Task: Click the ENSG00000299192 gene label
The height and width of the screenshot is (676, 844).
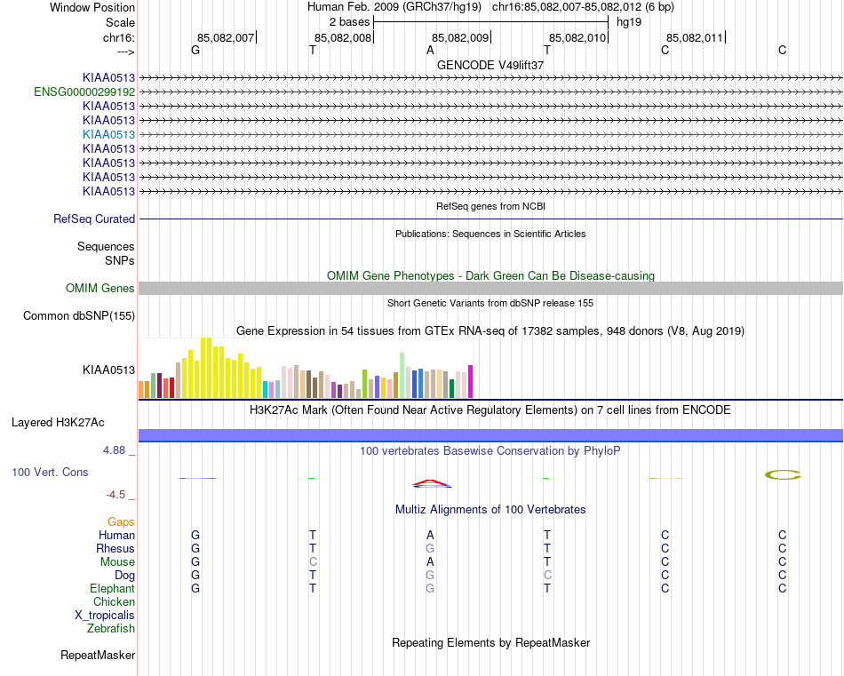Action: click(x=84, y=91)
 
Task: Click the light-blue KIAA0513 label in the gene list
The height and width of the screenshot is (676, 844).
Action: click(x=108, y=134)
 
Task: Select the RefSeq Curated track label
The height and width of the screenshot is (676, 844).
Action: click(x=94, y=219)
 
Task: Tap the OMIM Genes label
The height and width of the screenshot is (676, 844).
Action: click(x=100, y=289)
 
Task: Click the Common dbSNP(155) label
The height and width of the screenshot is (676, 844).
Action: click(x=79, y=316)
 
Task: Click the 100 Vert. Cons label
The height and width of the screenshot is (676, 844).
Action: click(x=50, y=473)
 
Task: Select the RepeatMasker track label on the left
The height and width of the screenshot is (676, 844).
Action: click(x=98, y=656)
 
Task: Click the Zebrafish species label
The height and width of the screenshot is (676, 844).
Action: click(x=111, y=629)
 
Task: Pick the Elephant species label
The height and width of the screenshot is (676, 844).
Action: click(x=112, y=589)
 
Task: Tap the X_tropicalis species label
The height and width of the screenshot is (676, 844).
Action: click(x=105, y=616)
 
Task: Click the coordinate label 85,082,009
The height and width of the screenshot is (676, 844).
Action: click(x=460, y=38)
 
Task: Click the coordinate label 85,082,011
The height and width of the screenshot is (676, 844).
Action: click(x=695, y=38)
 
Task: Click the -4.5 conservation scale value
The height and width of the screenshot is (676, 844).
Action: click(x=115, y=495)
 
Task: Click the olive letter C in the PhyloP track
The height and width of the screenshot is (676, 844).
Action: click(x=783, y=475)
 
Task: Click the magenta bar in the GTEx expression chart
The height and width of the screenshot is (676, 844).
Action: click(x=470, y=381)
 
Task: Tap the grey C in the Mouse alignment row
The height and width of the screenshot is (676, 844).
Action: click(x=313, y=562)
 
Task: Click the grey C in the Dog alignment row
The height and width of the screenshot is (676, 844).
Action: click(x=547, y=576)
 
